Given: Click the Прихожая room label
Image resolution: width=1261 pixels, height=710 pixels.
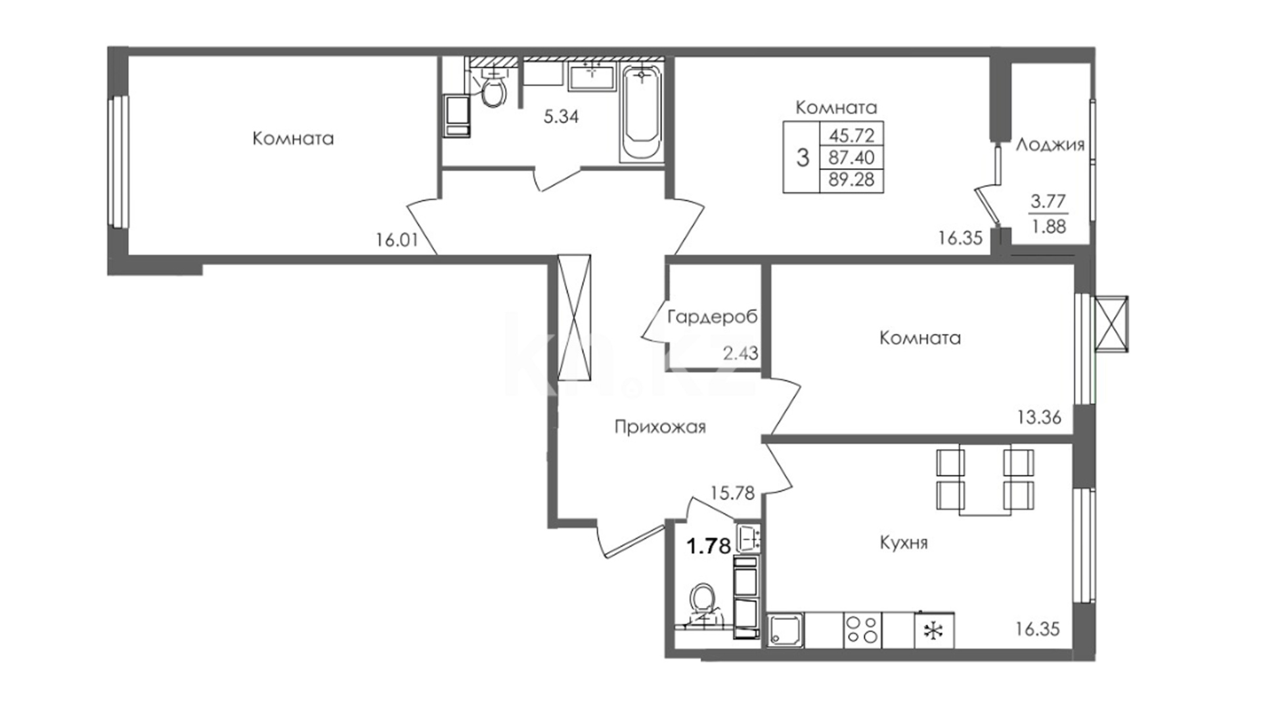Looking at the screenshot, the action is coord(660,428).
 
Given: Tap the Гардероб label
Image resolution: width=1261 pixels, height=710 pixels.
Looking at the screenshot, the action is coord(713,317).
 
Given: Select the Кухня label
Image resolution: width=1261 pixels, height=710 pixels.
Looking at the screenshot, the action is coord(904,543).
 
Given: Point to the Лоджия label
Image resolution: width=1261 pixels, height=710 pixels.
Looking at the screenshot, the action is coord(1050,145).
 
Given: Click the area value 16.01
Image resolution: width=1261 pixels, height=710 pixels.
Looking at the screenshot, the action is coord(397,240).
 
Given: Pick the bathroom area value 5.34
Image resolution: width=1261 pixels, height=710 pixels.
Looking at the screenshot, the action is coord(561,117).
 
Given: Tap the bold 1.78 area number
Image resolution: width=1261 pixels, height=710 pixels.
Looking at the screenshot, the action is coord(709,546).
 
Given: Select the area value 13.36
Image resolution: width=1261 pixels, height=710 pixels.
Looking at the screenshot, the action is coord(1039,417).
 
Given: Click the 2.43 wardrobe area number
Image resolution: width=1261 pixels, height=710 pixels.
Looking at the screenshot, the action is coord(741,353).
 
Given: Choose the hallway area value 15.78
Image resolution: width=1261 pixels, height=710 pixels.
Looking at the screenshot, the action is coord(733,492).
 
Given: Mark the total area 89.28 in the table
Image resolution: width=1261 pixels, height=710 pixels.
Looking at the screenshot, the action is coord(852,179).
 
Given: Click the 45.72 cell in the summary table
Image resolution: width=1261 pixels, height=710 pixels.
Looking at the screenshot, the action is coord(852,135).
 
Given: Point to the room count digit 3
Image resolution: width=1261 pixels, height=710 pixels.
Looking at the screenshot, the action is coord(803,158).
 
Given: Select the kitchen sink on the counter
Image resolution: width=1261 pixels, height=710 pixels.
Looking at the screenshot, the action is coord(785,630).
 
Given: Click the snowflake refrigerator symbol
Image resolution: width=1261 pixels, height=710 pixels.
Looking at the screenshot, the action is coord(933,630).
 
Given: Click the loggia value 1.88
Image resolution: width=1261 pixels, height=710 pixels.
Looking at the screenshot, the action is coord(1049,227).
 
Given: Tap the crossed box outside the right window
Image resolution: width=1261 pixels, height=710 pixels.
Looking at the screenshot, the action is coord(1111,324).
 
